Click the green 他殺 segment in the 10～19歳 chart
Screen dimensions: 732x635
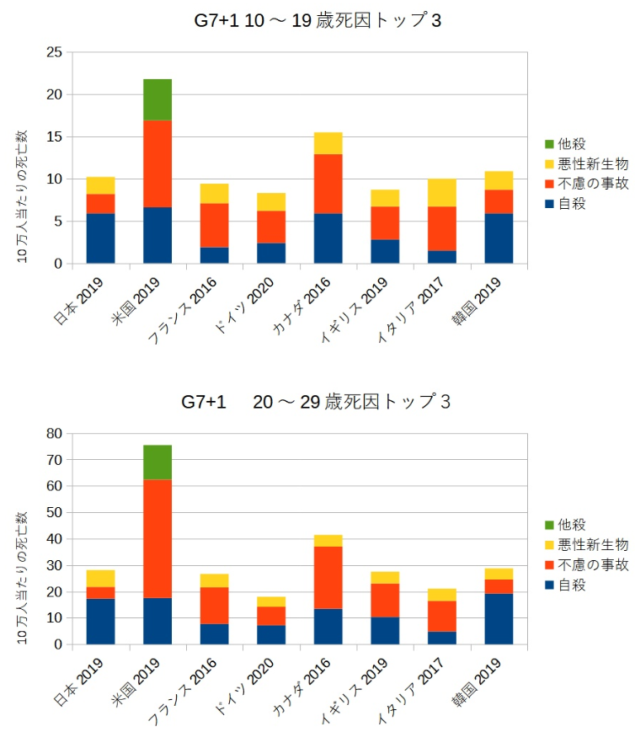tap(157, 99)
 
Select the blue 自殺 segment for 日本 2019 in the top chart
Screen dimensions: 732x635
tap(100, 238)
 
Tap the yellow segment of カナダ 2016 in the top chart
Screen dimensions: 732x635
tap(328, 143)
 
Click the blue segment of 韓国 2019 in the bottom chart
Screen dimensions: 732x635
tap(499, 619)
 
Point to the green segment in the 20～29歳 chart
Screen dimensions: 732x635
tap(157, 462)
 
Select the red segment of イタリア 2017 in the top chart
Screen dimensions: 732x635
tap(441, 228)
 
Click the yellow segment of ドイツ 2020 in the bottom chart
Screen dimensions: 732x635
tap(271, 601)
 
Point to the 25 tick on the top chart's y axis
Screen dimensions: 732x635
tap(56, 52)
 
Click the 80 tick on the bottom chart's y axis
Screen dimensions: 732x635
tap(56, 434)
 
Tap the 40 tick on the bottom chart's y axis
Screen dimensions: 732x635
tap(56, 539)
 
